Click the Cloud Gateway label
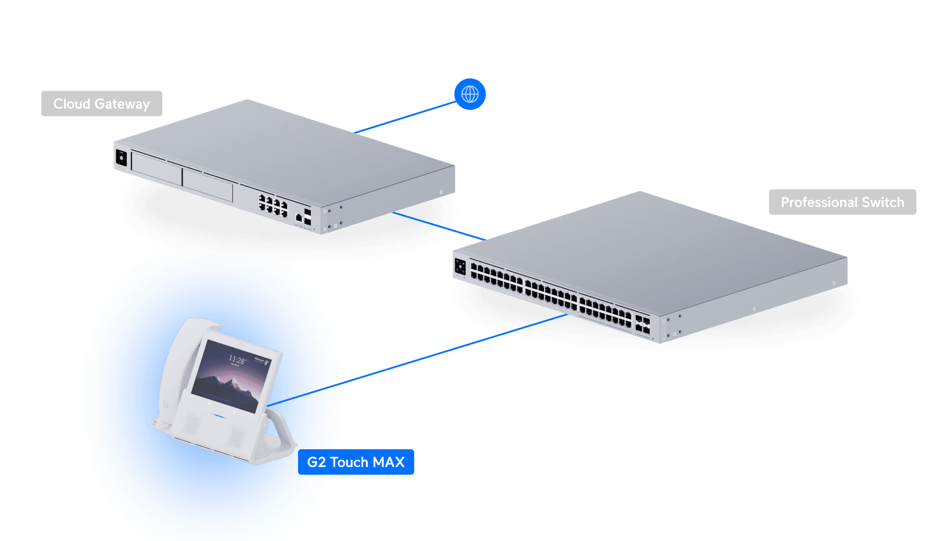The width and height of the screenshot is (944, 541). coord(101,104)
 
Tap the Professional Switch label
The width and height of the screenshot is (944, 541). coord(842,202)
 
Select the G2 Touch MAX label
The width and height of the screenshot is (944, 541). coord(356,462)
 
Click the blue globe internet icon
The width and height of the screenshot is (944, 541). coord(470,94)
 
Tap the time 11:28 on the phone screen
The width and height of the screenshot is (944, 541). coord(237,360)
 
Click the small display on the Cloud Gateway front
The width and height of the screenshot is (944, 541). coord(121,158)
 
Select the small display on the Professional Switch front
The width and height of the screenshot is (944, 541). coord(460,266)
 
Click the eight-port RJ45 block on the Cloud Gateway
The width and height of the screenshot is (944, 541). coord(273,205)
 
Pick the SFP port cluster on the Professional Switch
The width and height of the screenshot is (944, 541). coord(642,325)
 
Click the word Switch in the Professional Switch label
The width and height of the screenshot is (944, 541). coord(882,202)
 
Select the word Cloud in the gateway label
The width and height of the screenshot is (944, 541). coord(72,104)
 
